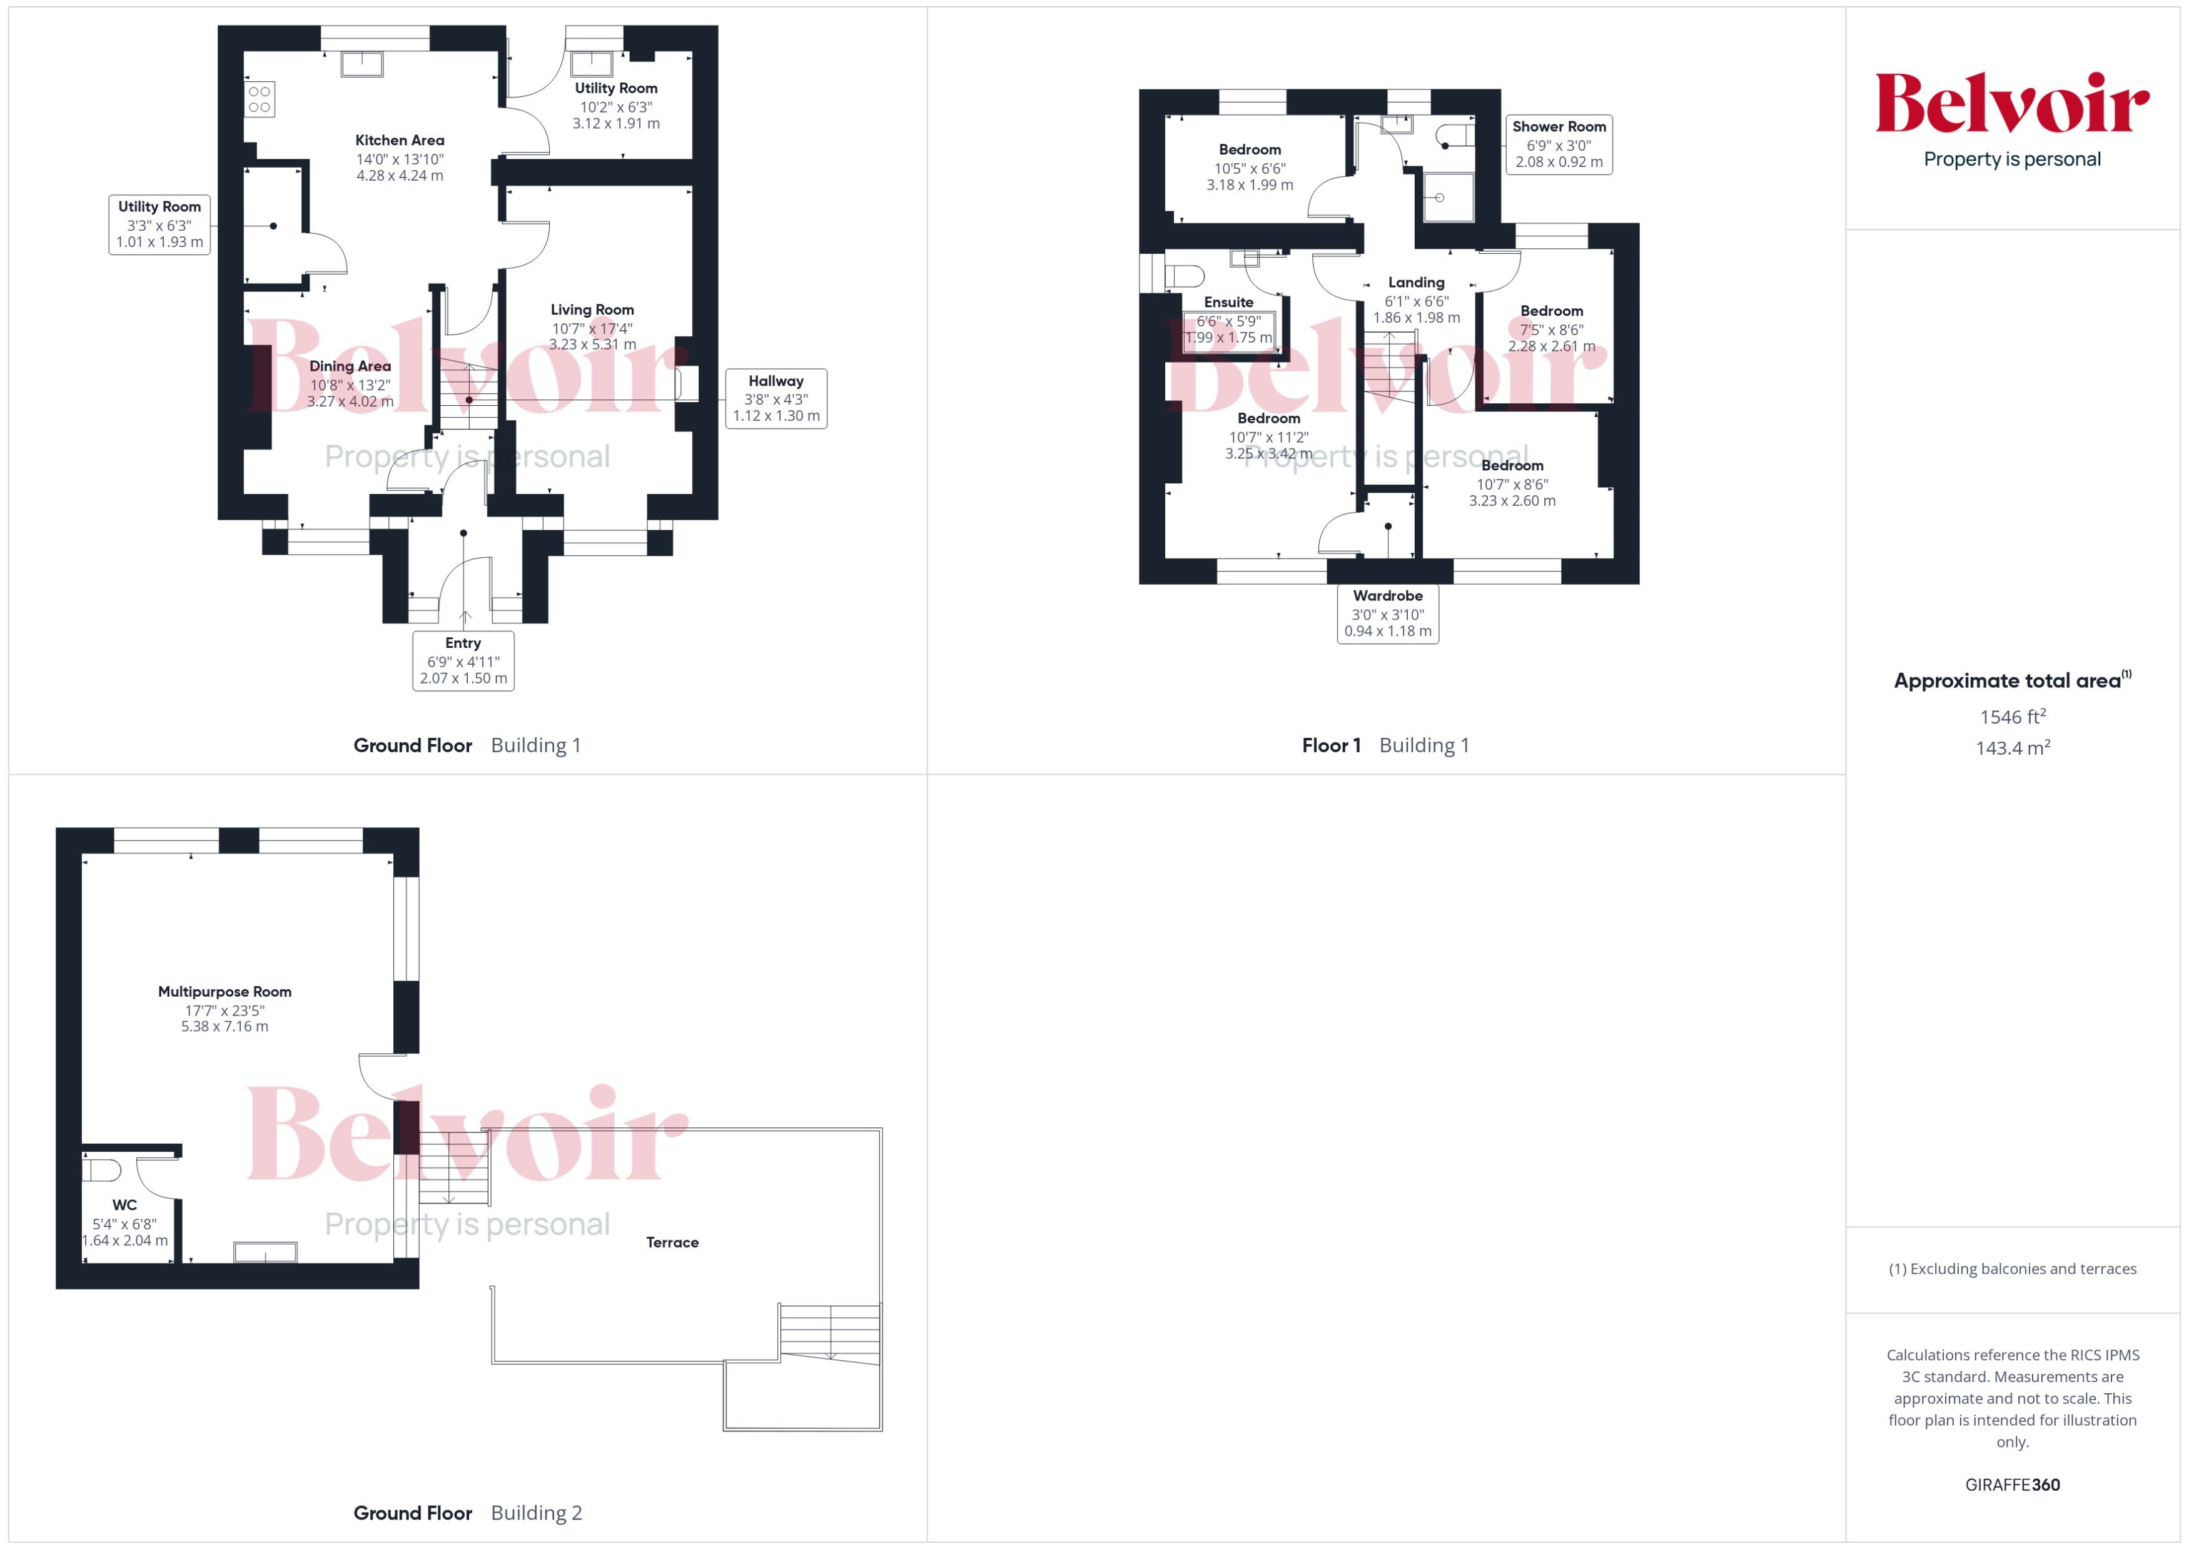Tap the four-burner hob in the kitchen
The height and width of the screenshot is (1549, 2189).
click(x=260, y=99)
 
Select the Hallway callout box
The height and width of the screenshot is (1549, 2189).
click(x=776, y=399)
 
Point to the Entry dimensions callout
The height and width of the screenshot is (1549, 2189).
click(x=463, y=660)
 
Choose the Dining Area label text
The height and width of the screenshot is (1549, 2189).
click(x=350, y=366)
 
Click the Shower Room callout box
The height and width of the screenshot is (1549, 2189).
click(x=1559, y=144)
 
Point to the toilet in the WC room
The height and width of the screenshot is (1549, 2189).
click(x=101, y=1169)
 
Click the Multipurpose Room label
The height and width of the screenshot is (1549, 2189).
click(x=225, y=992)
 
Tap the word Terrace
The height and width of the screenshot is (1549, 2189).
click(x=672, y=1242)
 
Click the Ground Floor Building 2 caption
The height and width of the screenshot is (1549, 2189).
click(x=467, y=1513)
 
